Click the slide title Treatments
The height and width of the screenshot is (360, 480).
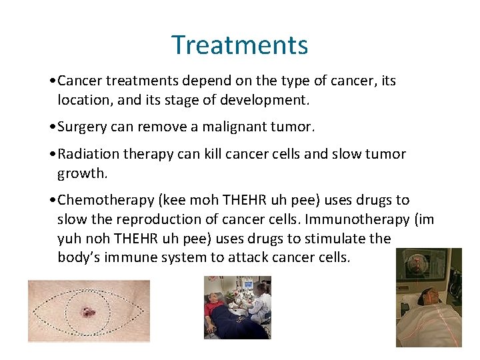pos(240,45)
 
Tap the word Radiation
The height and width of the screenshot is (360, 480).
pos(87,154)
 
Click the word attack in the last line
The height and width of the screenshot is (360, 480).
pos(271,257)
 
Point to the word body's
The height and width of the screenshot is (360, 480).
pos(78,257)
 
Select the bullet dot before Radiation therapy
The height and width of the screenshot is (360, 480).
pos(53,155)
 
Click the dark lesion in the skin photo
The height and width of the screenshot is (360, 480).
pos(88,311)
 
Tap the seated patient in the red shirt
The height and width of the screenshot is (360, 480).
pos(220,316)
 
